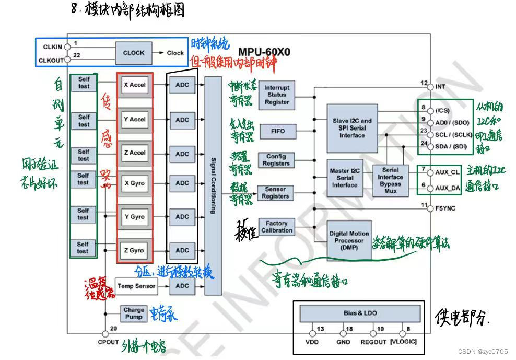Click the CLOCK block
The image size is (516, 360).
coord(134,53)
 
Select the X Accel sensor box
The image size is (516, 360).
coord(135,85)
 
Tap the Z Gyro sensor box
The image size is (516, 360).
coord(134,250)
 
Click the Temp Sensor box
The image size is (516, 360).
coord(136,286)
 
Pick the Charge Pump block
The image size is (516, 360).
coord(134,313)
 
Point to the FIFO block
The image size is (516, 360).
coord(278,131)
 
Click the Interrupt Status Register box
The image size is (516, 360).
coord(276,95)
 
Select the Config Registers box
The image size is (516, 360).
coord(276,160)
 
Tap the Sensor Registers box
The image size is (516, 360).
coord(275,193)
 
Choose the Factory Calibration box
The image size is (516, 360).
coord(276,227)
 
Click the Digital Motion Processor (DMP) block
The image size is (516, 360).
coord(348,241)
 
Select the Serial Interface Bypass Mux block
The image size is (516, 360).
coord(390,180)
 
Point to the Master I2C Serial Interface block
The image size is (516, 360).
coord(345,178)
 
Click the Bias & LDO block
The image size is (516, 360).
coord(360,313)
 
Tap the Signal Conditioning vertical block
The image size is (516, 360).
coord(213,185)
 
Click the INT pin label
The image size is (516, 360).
coord(440,87)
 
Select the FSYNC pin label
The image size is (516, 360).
coord(445,208)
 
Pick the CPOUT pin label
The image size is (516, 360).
coord(108,342)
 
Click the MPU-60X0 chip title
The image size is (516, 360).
coord(264,52)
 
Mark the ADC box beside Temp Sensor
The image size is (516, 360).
coord(182,286)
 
